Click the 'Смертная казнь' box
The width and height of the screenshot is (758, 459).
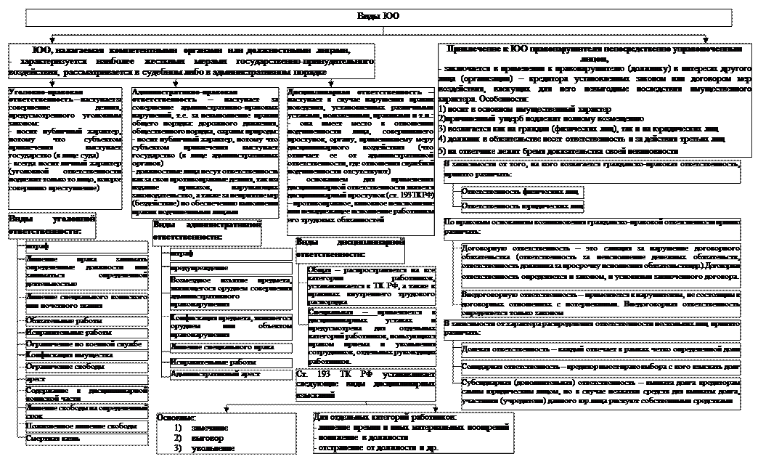tap(70, 439)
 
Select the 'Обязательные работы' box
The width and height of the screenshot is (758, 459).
tap(70, 320)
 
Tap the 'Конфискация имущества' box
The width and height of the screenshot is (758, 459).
tap(70, 355)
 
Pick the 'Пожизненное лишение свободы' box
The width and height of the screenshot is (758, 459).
tap(70, 427)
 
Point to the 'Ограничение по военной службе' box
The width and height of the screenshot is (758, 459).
tap(70, 343)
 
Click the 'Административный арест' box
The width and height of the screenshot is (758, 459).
tap(216, 373)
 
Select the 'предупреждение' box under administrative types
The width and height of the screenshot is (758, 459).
tap(216, 268)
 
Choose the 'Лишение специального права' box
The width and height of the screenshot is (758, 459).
tap(216, 348)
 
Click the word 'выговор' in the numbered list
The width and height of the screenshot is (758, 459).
tap(204, 438)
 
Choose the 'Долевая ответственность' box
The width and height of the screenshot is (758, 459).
tap(599, 349)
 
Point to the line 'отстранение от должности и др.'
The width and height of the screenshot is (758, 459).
tap(377, 448)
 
